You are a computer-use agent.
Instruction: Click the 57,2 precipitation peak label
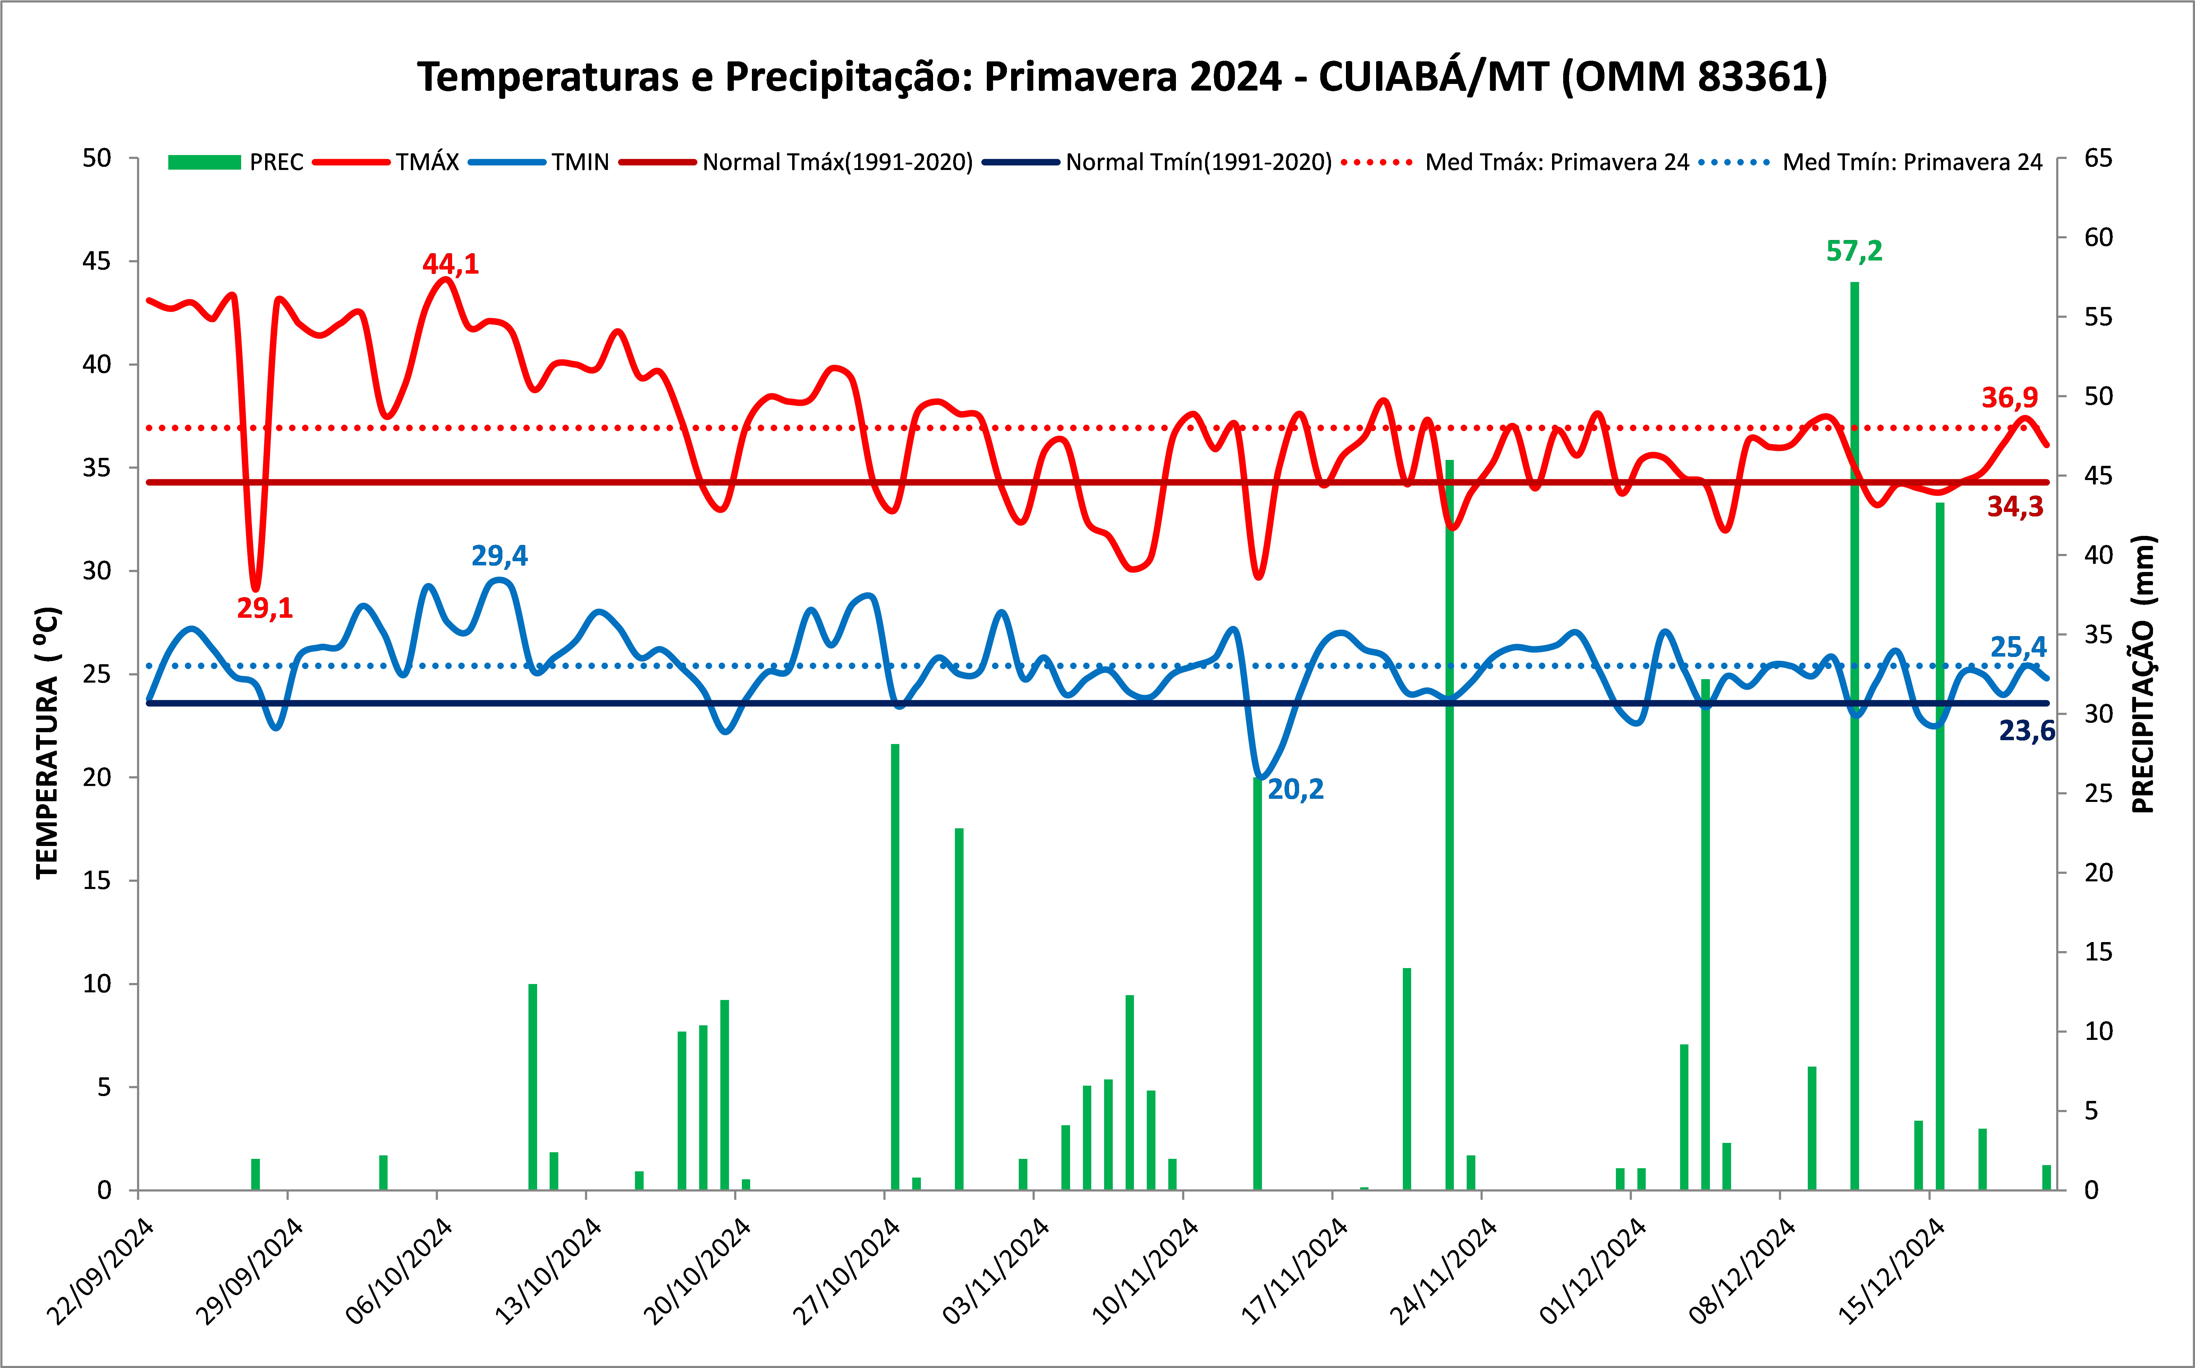pyautogui.click(x=1854, y=251)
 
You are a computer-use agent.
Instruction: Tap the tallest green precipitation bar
pyautogui.click(x=1855, y=724)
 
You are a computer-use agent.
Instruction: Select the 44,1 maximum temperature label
pyautogui.click(x=451, y=264)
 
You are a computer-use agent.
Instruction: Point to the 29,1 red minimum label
pyautogui.click(x=265, y=608)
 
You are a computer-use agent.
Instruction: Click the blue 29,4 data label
pyautogui.click(x=500, y=556)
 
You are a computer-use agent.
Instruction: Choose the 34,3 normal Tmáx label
pyautogui.click(x=2015, y=507)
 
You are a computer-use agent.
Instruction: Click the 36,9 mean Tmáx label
pyautogui.click(x=2009, y=397)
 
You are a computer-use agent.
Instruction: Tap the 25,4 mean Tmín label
pyautogui.click(x=2018, y=647)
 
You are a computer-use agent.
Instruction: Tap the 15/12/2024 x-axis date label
pyautogui.click(x=1892, y=1271)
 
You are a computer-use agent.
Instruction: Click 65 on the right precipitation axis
pyautogui.click(x=2098, y=158)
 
